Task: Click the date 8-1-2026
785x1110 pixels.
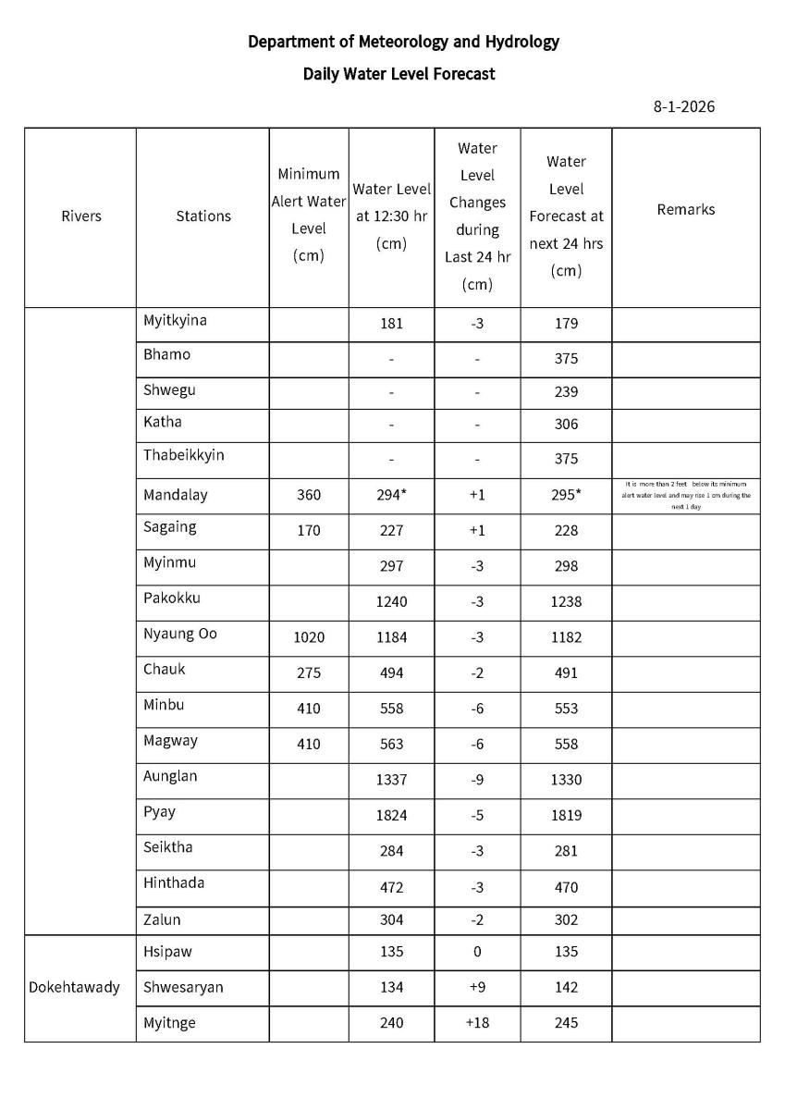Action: coord(683,106)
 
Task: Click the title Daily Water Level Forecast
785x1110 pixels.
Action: coord(399,74)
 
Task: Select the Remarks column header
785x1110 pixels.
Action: coord(685,210)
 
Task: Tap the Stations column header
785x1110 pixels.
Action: coord(202,216)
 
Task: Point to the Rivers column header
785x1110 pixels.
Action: coord(80,216)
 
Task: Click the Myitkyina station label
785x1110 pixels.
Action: coord(175,321)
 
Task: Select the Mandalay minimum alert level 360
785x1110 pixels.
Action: coord(309,495)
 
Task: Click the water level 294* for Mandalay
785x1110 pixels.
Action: coord(392,495)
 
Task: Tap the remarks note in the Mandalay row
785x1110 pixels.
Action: coord(685,496)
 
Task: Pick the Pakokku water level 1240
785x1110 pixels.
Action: coord(391,601)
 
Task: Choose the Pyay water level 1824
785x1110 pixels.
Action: coord(391,816)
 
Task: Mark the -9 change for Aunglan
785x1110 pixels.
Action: coord(477,780)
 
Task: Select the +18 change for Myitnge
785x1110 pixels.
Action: coord(477,1023)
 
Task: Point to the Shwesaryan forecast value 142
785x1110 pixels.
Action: coord(566,988)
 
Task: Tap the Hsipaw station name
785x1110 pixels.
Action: coord(167,952)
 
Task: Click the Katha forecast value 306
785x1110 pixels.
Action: coord(566,425)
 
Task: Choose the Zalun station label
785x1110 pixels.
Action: coord(162,920)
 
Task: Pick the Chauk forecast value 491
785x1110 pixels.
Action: coord(566,673)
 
